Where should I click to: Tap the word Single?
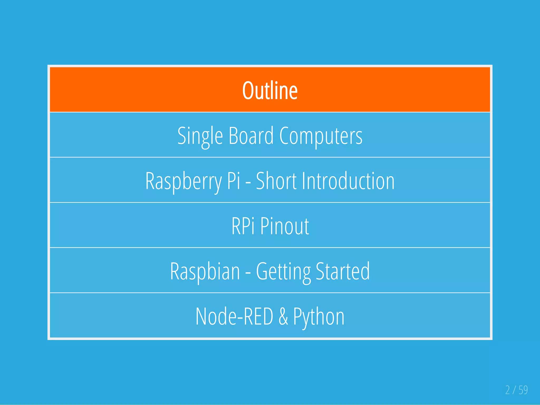click(200, 136)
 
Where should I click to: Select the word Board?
click(251, 136)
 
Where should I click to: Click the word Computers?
click(321, 136)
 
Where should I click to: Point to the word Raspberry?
click(184, 181)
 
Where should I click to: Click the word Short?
click(276, 181)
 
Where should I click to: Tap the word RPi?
click(243, 226)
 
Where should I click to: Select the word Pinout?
click(285, 226)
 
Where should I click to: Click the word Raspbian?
click(205, 271)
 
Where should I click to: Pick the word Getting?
click(283, 271)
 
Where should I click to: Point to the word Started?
click(343, 271)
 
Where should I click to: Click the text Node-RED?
click(234, 316)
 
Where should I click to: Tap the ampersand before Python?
click(283, 316)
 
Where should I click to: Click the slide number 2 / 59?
click(516, 390)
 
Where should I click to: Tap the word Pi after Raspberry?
click(234, 181)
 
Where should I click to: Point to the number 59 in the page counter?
click(523, 390)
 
